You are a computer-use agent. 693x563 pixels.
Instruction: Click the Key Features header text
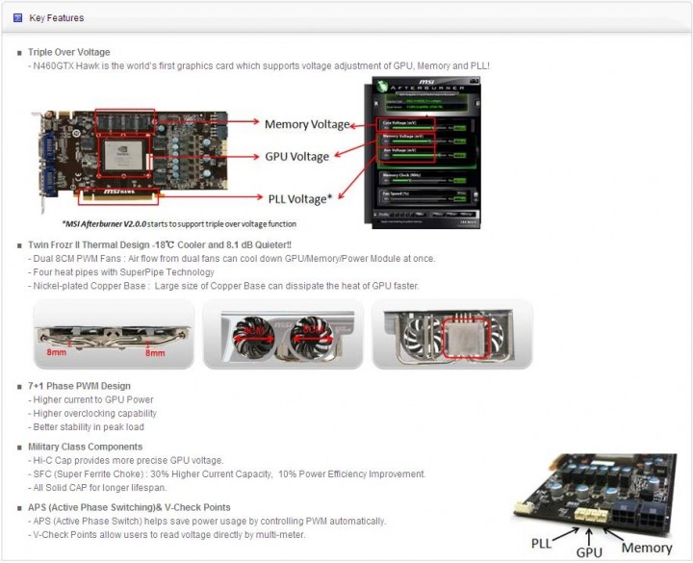tap(56, 17)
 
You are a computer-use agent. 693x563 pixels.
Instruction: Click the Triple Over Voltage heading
tap(69, 52)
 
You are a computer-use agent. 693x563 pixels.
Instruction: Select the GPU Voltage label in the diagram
tap(296, 157)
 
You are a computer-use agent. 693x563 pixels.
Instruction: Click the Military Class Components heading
tap(86, 447)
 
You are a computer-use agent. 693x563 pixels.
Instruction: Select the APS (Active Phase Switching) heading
tap(129, 507)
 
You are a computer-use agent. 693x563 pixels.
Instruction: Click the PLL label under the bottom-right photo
tap(544, 544)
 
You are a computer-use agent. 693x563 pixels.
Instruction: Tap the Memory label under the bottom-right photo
tap(646, 548)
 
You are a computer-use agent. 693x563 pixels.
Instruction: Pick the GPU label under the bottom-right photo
tap(589, 553)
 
